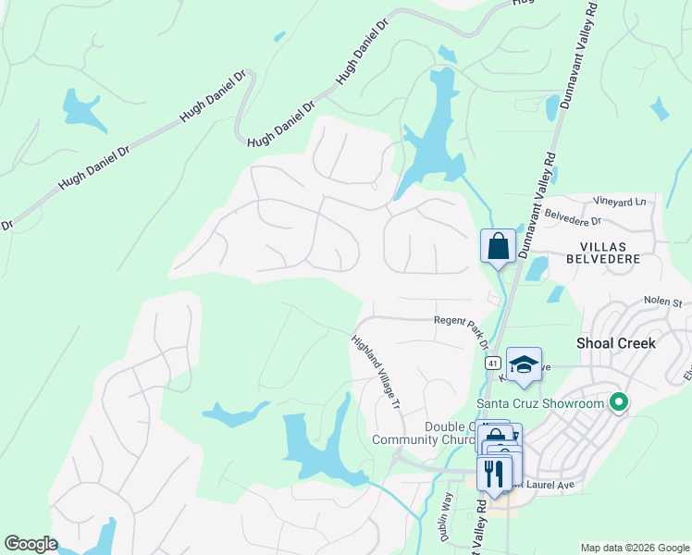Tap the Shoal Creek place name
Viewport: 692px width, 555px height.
(615, 342)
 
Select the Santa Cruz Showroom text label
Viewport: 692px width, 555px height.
(540, 402)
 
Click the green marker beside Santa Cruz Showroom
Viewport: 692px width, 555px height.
(620, 402)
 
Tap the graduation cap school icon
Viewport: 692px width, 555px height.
(524, 364)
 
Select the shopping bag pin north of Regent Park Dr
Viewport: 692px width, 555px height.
(498, 246)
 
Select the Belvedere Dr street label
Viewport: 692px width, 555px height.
(574, 218)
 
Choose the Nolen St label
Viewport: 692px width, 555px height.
(663, 302)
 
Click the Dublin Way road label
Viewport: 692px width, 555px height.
(445, 516)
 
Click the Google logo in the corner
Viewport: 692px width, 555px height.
(31, 544)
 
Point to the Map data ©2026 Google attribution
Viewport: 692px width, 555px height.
(635, 548)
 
